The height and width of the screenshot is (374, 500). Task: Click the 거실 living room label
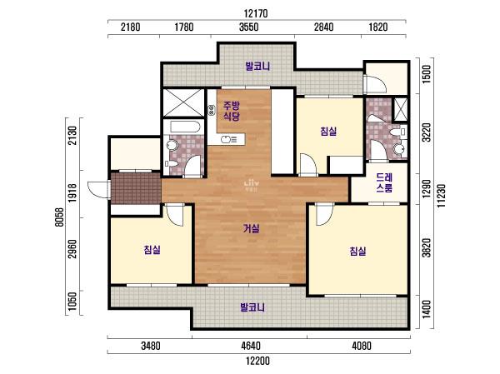pyautogui.click(x=252, y=228)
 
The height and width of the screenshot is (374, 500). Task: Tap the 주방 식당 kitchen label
pyautogui.click(x=232, y=111)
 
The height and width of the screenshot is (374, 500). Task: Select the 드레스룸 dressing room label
pyautogui.click(x=384, y=182)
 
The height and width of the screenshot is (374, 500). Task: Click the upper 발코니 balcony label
pyautogui.click(x=257, y=67)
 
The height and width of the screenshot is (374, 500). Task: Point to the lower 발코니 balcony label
pyautogui.click(x=252, y=307)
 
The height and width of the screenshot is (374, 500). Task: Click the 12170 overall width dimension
pyautogui.click(x=256, y=13)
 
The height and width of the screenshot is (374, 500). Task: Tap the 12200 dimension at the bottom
pyautogui.click(x=258, y=361)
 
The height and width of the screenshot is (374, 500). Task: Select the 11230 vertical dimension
pyautogui.click(x=442, y=196)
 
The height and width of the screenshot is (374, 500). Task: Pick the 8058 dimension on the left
pyautogui.click(x=60, y=217)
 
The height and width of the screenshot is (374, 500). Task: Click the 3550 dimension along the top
pyautogui.click(x=248, y=27)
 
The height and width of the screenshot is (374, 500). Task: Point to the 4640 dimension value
pyautogui.click(x=251, y=346)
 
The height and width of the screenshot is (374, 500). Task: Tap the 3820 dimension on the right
pyautogui.click(x=427, y=247)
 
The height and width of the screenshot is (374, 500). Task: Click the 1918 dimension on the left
pyautogui.click(x=72, y=192)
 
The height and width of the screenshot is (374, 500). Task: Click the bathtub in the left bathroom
pyautogui.click(x=185, y=127)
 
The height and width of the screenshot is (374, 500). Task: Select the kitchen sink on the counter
pyautogui.click(x=226, y=139)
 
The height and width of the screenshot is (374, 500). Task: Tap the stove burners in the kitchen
pyautogui.click(x=211, y=110)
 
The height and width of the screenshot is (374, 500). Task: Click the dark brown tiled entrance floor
pyautogui.click(x=136, y=187)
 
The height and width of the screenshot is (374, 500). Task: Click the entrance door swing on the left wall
pyautogui.click(x=98, y=189)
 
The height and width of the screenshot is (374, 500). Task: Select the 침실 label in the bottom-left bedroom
pyautogui.click(x=152, y=250)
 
